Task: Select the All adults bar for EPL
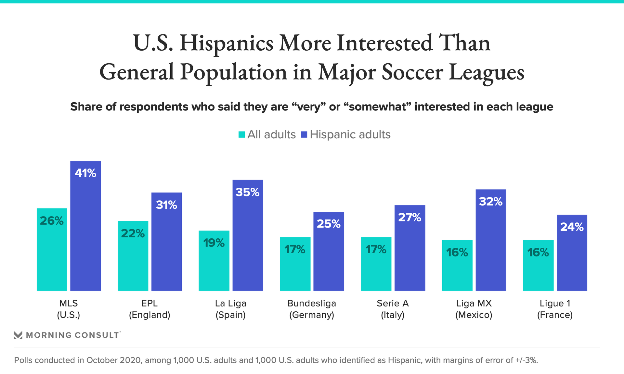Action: pos(133,260)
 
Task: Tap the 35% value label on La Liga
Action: pos(248,192)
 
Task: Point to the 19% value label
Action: pos(214,243)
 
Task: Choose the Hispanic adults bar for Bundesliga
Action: pos(329,256)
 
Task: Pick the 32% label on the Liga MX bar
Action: pos(491,202)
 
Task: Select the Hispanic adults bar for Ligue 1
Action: pos(572,260)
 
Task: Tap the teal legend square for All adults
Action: pos(241,134)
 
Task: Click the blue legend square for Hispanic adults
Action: pos(304,134)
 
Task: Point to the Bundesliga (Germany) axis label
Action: pos(312,309)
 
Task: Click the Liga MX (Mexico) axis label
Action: pos(474,309)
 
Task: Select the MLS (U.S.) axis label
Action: pos(69,309)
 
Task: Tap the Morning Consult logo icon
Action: pos(18,335)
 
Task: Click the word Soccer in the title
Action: pos(412,72)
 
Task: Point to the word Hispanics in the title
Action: pos(226,43)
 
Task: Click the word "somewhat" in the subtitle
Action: pos(377,107)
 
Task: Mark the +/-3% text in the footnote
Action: pos(526,360)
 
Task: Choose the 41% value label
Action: pos(85,173)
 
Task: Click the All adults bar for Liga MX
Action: pos(457,269)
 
